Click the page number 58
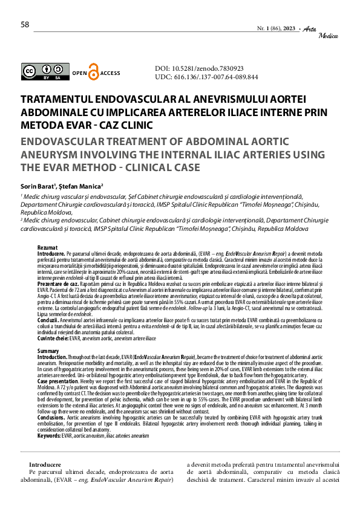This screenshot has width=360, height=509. pos(25,25)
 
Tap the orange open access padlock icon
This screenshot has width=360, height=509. pos(93,72)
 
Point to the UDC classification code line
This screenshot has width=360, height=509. pos(206,77)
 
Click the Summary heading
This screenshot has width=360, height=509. pos(48,351)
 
